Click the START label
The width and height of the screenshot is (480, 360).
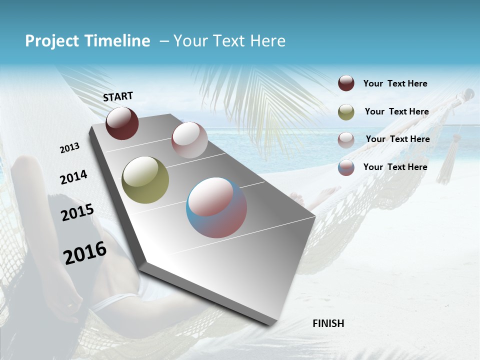118,96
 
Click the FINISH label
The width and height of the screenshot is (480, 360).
328,323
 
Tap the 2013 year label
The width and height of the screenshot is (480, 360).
70,148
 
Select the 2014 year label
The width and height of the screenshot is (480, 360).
73,177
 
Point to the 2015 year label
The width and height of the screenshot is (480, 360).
77,212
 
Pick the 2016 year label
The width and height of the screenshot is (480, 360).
85,252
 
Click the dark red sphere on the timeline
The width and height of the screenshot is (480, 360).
122,123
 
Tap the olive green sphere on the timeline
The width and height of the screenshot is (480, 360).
145,180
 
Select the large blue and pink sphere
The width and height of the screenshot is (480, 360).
216,207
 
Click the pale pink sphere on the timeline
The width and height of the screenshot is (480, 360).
189,140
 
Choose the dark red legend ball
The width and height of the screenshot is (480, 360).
346,83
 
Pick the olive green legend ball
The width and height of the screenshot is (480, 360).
346,111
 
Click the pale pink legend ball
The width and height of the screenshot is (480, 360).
346,139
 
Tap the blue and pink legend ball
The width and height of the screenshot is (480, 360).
346,167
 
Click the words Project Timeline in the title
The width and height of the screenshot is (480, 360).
87,41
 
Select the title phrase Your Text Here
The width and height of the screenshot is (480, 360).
229,41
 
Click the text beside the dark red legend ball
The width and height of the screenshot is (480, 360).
395,83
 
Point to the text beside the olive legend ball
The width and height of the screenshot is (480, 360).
396,111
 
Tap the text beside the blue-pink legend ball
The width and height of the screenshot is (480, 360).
395,167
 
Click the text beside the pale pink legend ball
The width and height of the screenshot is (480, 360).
397,139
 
